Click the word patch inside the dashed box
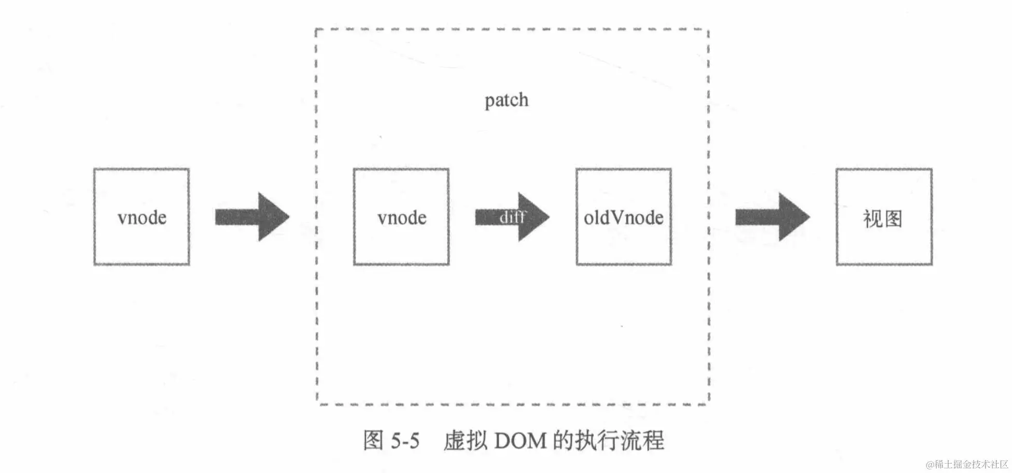[507, 100]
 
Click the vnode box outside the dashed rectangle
[142, 216]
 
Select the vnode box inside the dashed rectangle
[401, 216]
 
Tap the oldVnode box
[624, 216]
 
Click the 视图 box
[884, 216]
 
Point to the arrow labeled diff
[512, 217]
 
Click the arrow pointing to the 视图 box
[772, 217]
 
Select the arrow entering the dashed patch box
[252, 217]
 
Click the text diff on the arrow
[512, 217]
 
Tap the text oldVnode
[624, 218]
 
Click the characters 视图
[882, 219]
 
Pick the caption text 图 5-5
[391, 441]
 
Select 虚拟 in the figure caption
[465, 441]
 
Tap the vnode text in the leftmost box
[142, 218]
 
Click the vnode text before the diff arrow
[402, 218]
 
